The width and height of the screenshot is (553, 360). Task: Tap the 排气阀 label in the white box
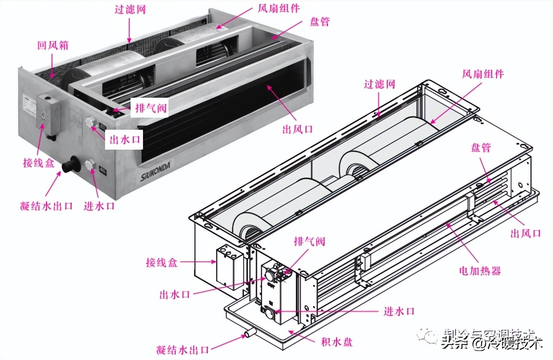point(151,108)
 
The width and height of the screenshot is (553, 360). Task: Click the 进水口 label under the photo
point(99,205)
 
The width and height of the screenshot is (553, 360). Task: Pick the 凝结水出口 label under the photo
point(46,205)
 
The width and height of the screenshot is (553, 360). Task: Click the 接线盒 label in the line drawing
point(161,262)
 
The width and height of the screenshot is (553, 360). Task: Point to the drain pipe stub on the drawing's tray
point(249,333)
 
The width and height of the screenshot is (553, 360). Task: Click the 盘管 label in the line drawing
point(481,148)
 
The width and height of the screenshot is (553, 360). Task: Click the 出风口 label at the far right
point(525,233)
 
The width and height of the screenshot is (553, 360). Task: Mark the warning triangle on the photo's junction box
point(43,115)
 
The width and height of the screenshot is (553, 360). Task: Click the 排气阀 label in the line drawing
point(309,241)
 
